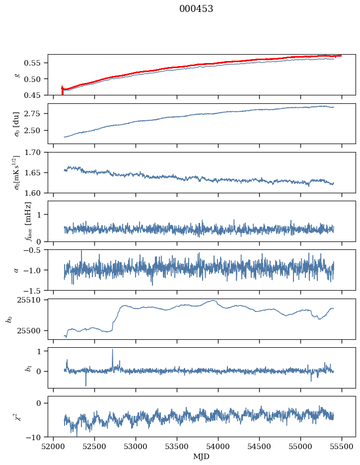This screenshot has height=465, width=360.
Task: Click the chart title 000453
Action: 196,9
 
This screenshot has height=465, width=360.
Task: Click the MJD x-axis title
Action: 201,457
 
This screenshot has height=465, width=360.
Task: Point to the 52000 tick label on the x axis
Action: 54,446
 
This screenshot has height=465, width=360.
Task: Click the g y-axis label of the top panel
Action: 18,75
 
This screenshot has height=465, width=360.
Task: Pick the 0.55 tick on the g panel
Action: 35,63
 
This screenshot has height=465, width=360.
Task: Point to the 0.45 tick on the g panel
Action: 35,95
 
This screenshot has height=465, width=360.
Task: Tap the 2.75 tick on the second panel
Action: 35,114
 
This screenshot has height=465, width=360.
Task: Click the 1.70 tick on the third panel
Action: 35,153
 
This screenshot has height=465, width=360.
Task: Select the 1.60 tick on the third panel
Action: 35,193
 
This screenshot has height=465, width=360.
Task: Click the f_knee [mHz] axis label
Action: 28,221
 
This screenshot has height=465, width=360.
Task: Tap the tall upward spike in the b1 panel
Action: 112,350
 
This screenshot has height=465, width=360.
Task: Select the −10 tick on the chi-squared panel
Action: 36,437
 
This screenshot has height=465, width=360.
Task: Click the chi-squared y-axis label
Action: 18,416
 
